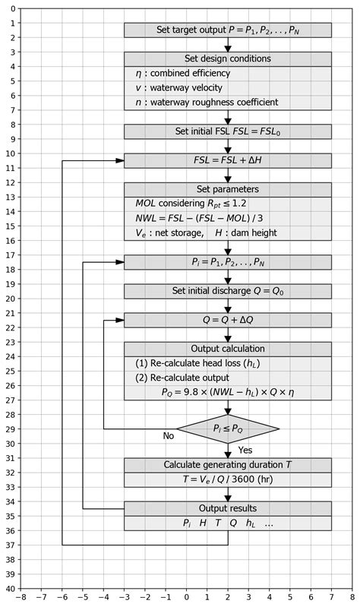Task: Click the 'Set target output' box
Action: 228,30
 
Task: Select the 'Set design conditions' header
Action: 228,58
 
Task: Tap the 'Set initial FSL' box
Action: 228,131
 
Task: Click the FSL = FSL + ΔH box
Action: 228,160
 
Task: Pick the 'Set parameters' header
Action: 228,189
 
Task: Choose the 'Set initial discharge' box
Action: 228,291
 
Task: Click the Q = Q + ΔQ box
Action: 228,320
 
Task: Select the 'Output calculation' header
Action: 228,349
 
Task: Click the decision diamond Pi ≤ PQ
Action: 228,429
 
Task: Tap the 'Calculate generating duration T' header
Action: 228,465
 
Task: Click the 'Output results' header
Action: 228,508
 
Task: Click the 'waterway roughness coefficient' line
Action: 205,103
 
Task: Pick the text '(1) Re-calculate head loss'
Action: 201,364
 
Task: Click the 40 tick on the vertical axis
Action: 8,588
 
